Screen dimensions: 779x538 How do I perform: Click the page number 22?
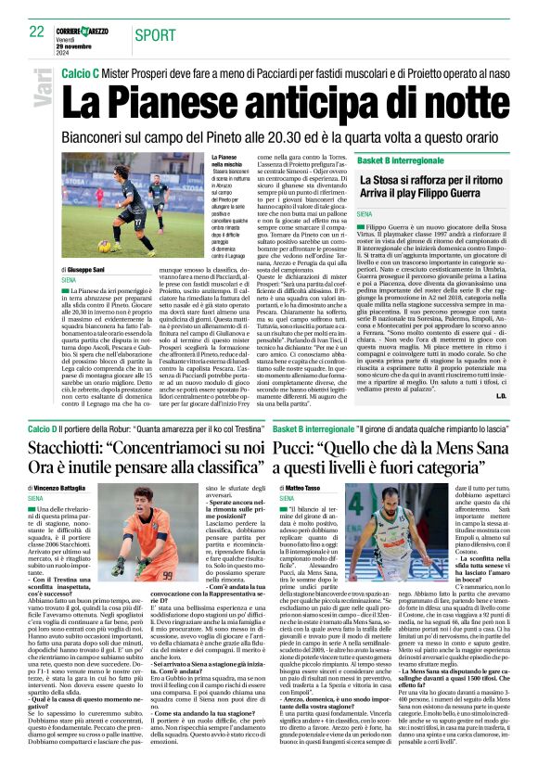click(x=36, y=32)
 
